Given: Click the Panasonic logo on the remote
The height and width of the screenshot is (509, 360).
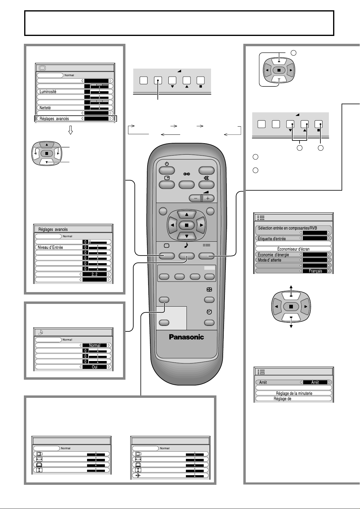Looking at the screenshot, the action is click(186, 337).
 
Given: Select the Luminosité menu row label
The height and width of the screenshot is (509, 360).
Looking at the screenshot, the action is click(48, 92).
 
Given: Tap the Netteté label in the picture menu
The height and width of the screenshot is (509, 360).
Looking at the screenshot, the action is click(45, 108).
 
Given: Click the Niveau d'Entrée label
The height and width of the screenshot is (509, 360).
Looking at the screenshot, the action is click(50, 247).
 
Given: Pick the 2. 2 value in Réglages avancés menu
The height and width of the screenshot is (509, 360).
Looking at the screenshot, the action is click(95, 274).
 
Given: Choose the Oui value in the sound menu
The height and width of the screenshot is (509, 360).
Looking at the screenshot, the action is click(95, 367).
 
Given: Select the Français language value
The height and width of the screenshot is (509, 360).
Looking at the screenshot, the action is click(315, 271).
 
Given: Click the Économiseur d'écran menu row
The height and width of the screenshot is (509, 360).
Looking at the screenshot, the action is click(293, 249).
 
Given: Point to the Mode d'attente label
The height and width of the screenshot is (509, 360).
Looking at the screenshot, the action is click(270, 260).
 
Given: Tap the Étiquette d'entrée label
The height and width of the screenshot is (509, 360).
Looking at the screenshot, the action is click(272, 239).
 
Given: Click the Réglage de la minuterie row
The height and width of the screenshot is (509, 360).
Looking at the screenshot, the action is click(294, 393).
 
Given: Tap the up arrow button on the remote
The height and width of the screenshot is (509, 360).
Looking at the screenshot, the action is click(186, 215).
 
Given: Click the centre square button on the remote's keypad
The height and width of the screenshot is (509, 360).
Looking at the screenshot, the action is click(186, 225).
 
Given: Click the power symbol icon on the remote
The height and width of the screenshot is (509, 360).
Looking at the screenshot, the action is click(167, 164).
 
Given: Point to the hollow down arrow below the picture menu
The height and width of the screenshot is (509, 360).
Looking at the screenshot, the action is click(71, 130).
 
